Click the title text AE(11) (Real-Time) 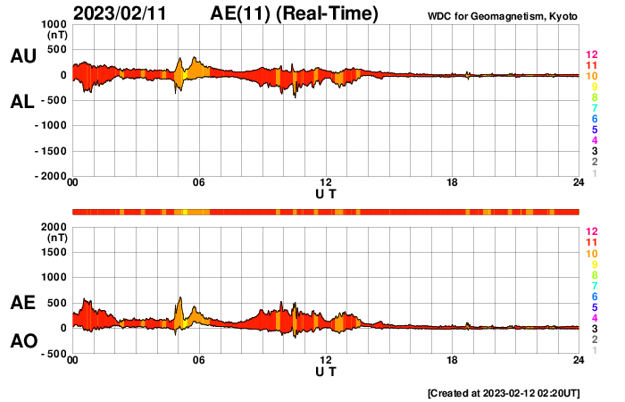[x=293, y=13]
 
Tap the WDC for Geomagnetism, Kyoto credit [x=503, y=16]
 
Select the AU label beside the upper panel [x=22, y=56]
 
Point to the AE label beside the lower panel [x=22, y=303]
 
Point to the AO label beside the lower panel [x=22, y=341]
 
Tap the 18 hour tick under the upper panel [x=452, y=183]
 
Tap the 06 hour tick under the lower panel [x=198, y=360]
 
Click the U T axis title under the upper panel [x=326, y=193]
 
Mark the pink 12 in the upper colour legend [x=590, y=54]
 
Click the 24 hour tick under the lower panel [x=579, y=360]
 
